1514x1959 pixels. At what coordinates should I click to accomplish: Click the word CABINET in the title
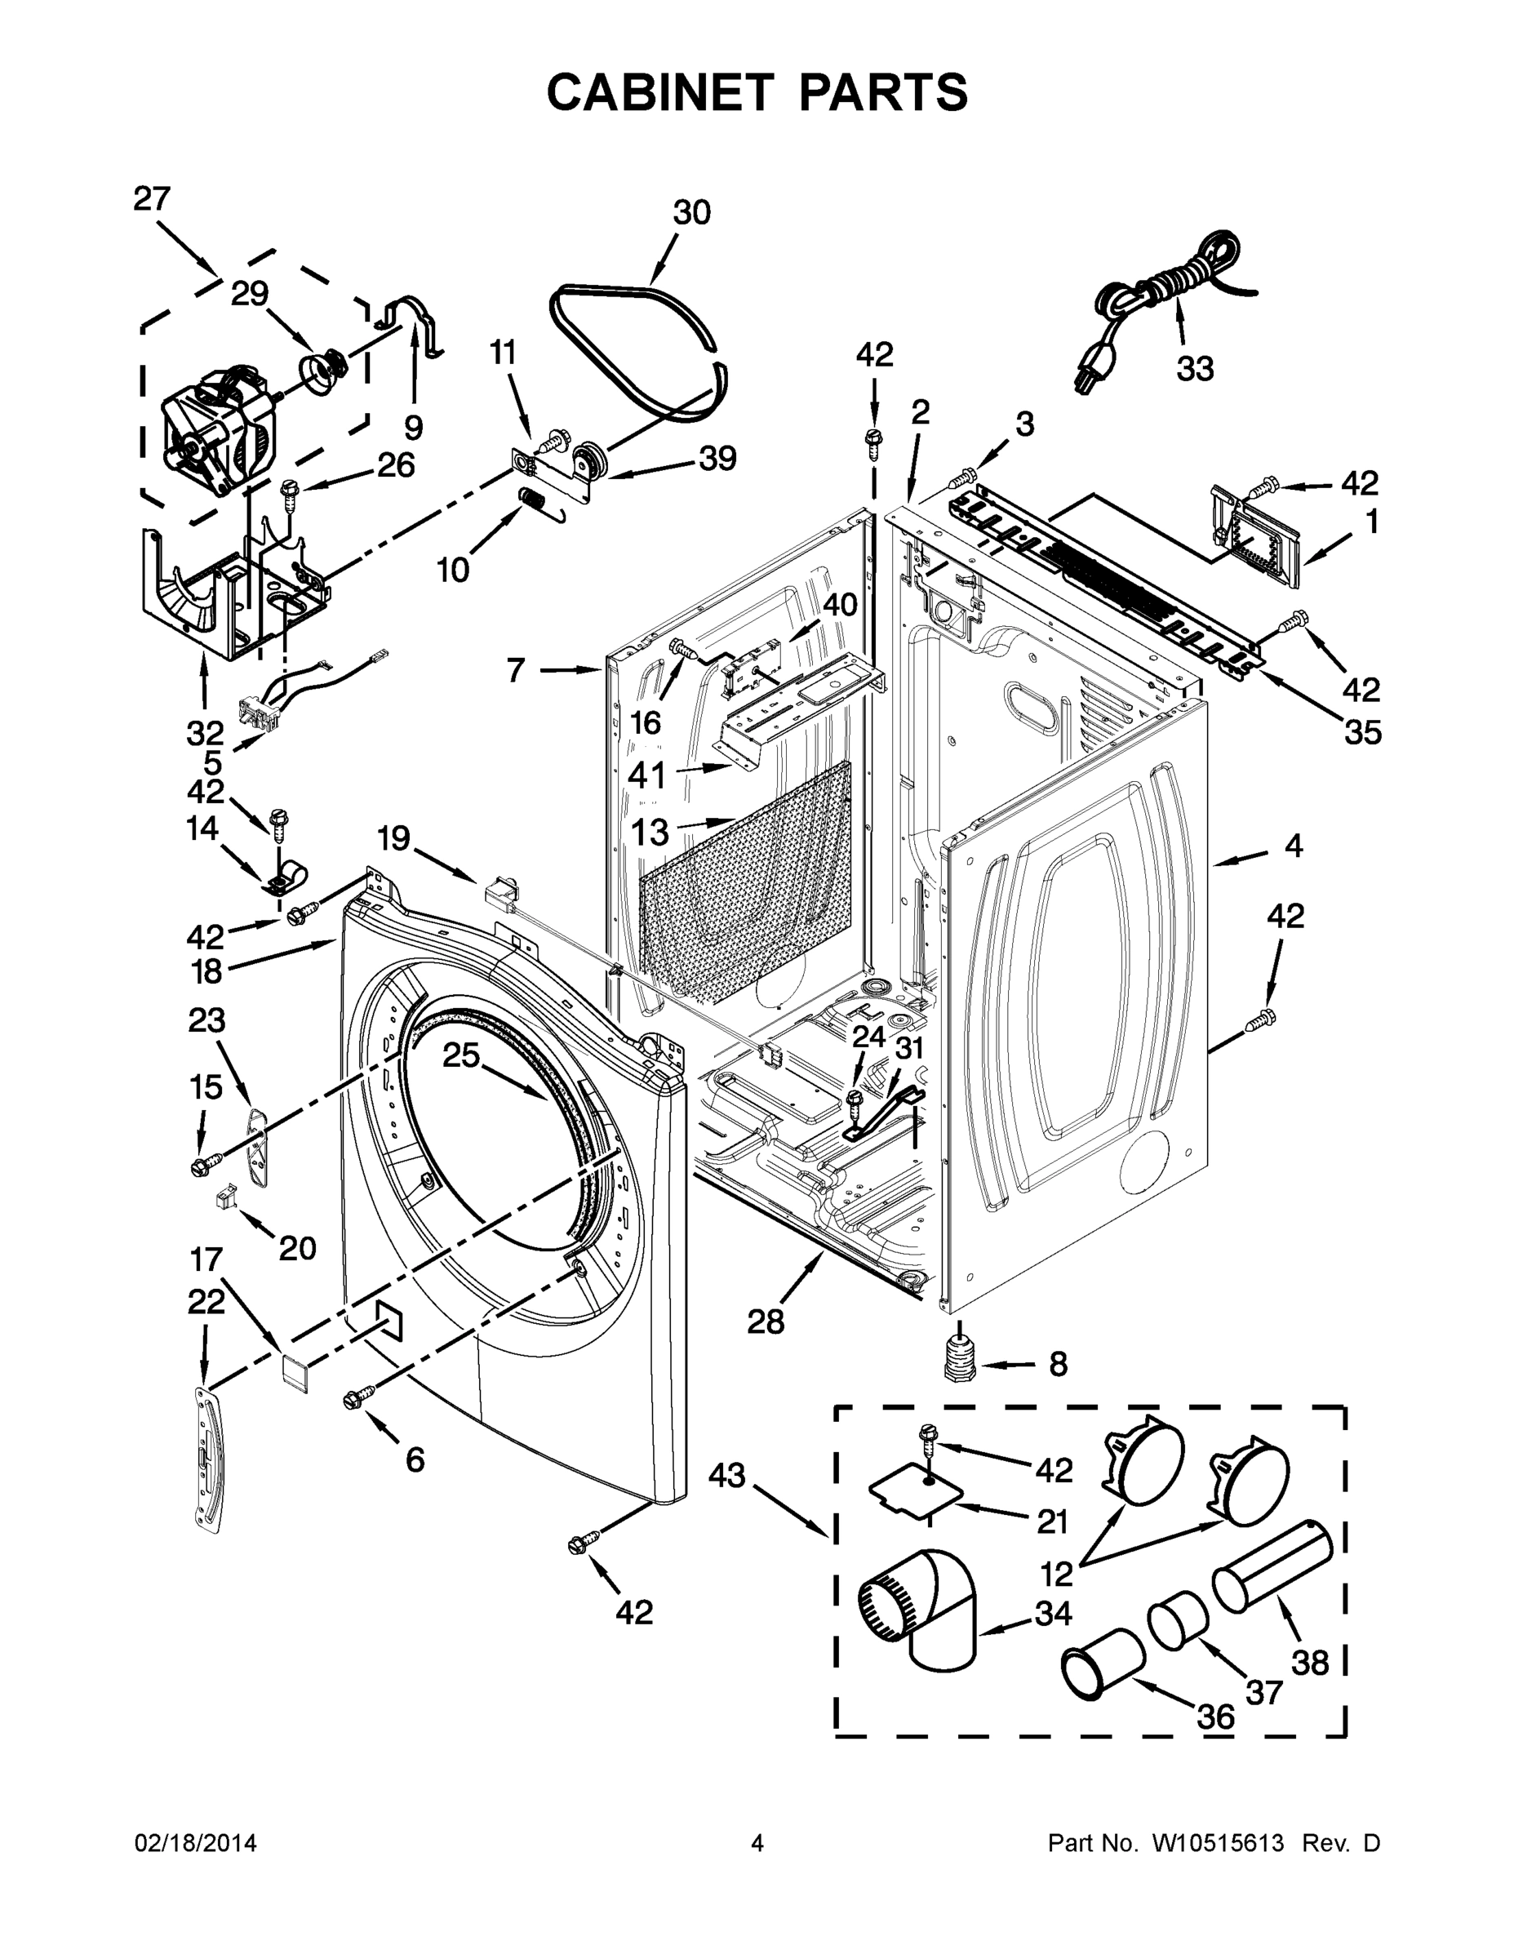[660, 91]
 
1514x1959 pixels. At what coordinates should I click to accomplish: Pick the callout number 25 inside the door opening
[461, 1055]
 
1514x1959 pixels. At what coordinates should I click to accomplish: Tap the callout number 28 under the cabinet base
[765, 1321]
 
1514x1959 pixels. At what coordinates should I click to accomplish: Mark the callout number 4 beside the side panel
[1293, 845]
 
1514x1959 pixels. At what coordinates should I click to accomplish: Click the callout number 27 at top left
[152, 198]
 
